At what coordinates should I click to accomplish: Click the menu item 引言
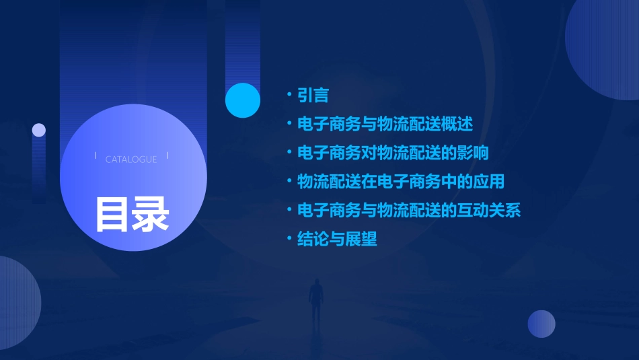point(313,96)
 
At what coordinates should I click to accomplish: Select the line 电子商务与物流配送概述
point(385,124)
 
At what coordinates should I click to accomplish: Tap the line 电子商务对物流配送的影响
point(393,153)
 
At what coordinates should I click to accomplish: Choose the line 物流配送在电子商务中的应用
point(401,182)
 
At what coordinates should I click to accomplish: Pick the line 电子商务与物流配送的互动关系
point(409,210)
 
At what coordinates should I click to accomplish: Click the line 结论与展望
point(337,239)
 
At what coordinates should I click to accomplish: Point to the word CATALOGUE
point(131,159)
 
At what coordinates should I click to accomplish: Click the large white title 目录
point(132,215)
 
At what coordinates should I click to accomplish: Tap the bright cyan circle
point(243,100)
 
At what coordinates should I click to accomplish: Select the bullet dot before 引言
point(289,96)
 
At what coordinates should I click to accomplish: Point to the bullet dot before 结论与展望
point(289,239)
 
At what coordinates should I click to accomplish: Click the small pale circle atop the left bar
point(39,130)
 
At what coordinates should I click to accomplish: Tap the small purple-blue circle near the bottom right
point(541,324)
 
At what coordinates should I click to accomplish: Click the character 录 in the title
point(151,215)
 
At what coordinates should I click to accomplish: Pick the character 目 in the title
point(112,215)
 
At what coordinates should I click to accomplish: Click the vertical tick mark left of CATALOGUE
point(96,156)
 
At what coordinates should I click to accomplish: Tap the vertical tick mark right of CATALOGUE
point(167,156)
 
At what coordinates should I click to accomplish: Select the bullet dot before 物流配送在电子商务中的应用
point(289,182)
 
